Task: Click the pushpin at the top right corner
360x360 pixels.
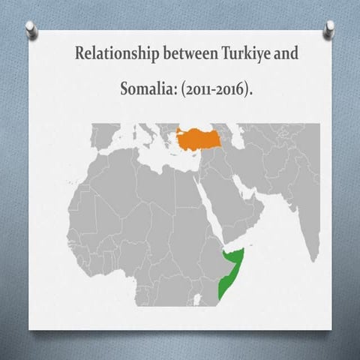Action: click(329, 27)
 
